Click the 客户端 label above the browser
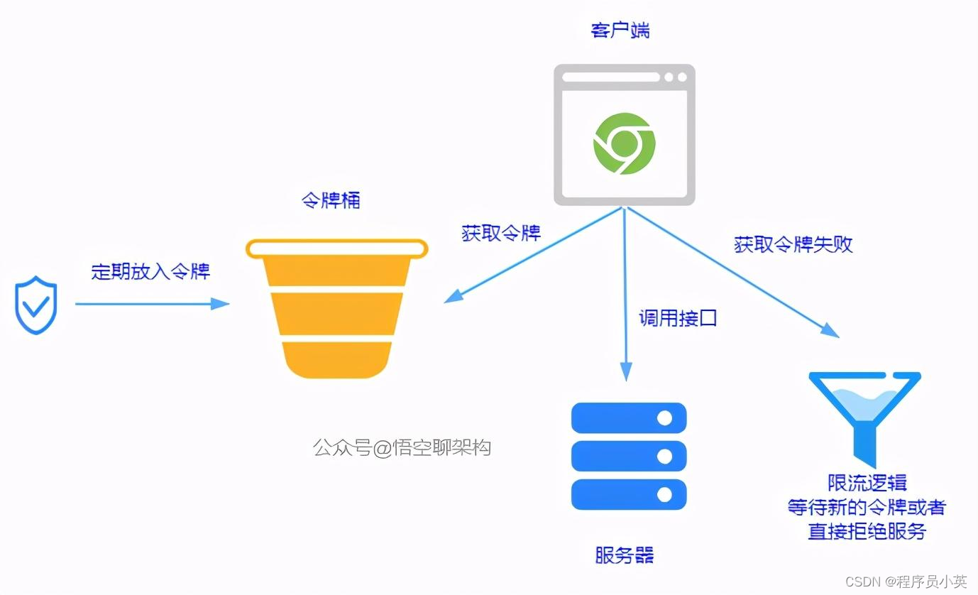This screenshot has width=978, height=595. pyautogui.click(x=620, y=31)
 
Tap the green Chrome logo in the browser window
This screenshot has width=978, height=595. pyautogui.click(x=624, y=143)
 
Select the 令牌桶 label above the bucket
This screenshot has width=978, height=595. pyautogui.click(x=331, y=200)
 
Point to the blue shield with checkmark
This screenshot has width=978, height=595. pyautogui.click(x=36, y=305)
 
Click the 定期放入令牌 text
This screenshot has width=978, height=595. pyautogui.click(x=150, y=271)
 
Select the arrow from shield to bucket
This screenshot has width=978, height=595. pyautogui.click(x=152, y=304)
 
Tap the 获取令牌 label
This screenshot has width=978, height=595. pyautogui.click(x=501, y=233)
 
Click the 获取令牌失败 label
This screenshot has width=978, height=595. pyautogui.click(x=793, y=244)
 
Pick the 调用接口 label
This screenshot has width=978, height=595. pyautogui.click(x=678, y=317)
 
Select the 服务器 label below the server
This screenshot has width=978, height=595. pyautogui.click(x=625, y=555)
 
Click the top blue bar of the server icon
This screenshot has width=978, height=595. pyautogui.click(x=629, y=418)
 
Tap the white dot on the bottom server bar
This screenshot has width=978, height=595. pyautogui.click(x=664, y=494)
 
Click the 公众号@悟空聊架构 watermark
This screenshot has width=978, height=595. pyautogui.click(x=402, y=447)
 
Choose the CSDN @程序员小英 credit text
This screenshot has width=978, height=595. pyautogui.click(x=906, y=582)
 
